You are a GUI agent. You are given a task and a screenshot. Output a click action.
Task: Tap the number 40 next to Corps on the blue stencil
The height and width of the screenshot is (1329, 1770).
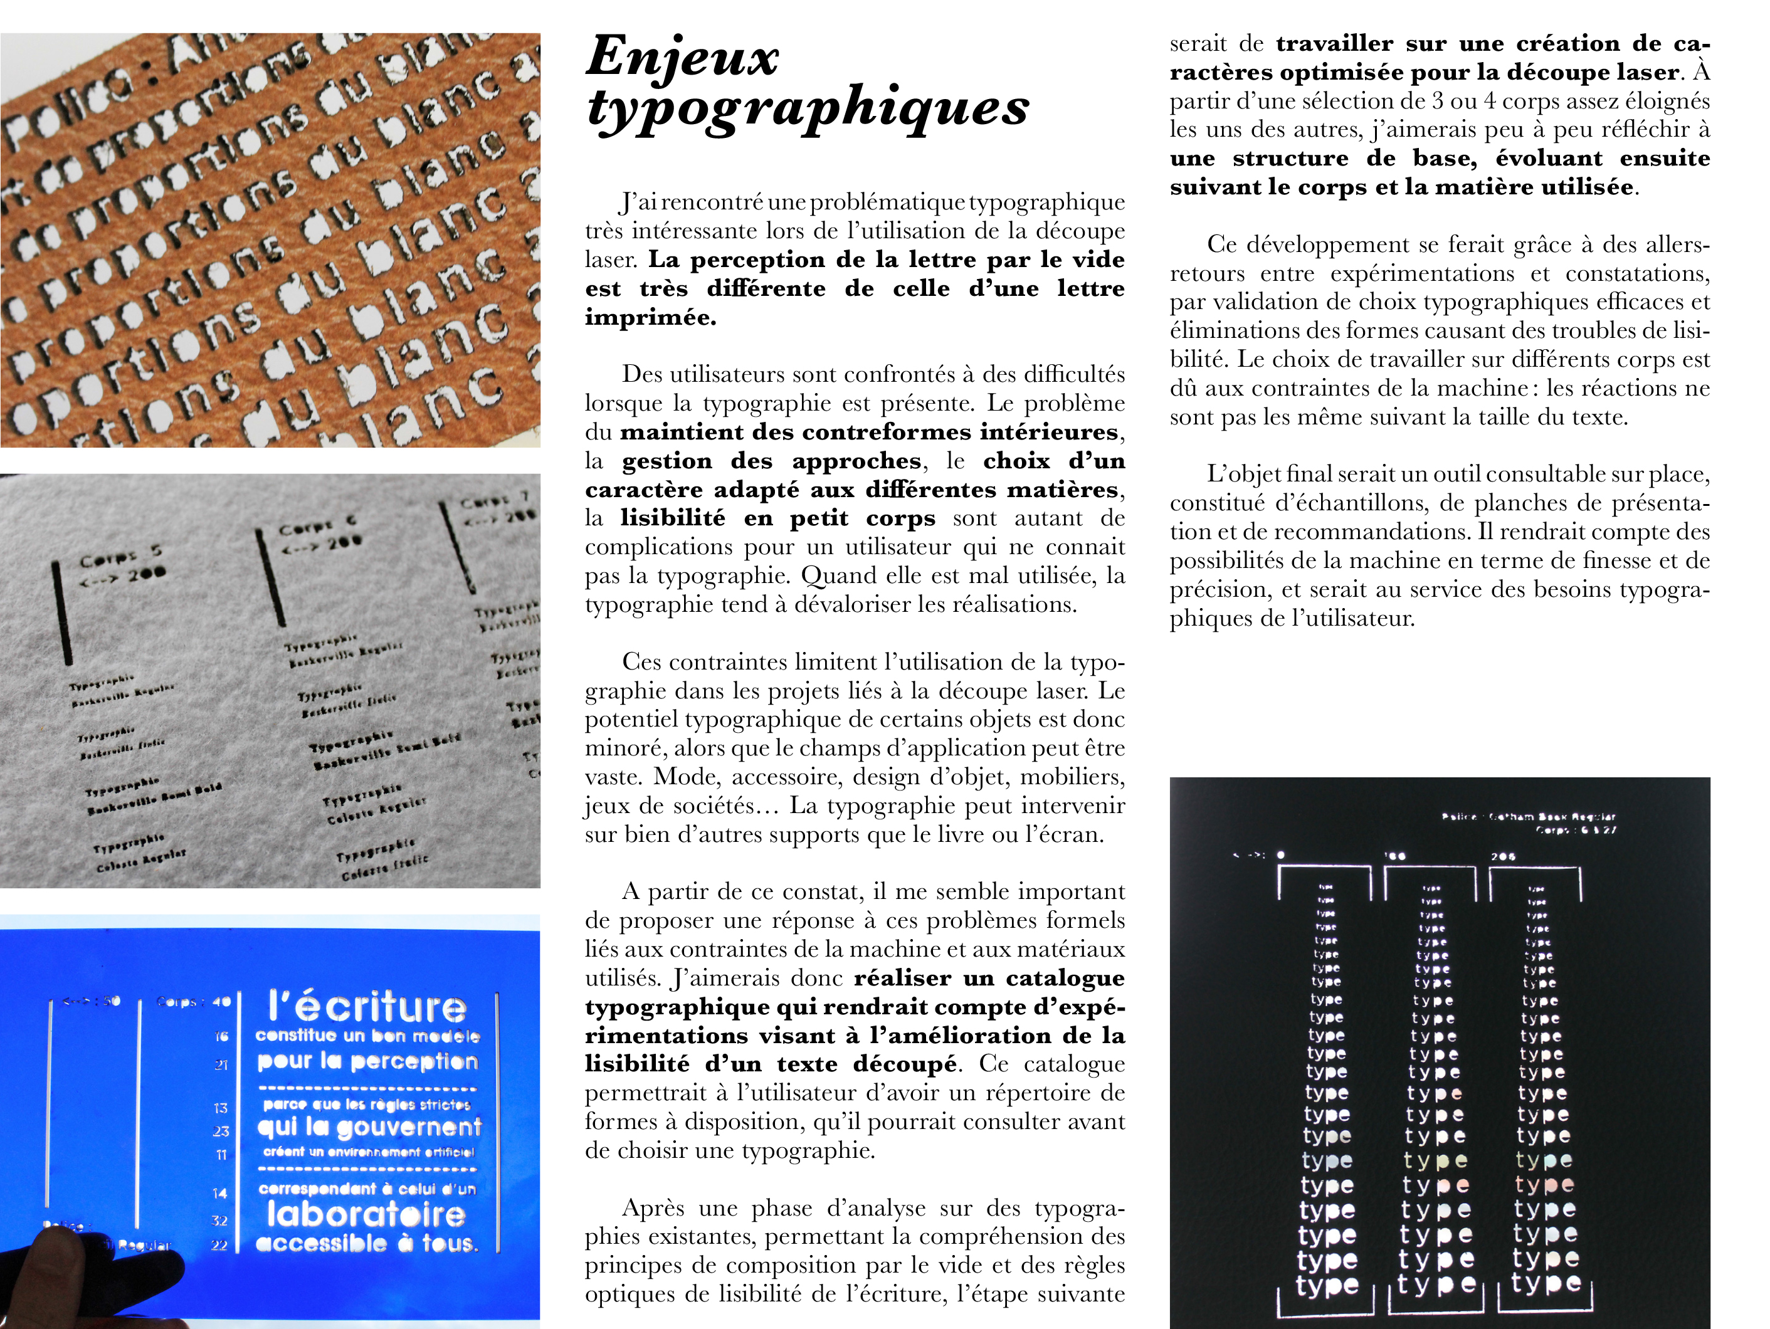(x=222, y=1001)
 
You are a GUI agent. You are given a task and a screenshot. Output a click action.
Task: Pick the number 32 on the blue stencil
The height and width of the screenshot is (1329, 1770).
(x=220, y=1220)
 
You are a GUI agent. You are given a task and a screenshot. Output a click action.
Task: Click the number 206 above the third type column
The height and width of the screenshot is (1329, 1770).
(x=1503, y=857)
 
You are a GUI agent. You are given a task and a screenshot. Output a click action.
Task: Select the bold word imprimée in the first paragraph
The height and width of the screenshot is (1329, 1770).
(x=650, y=318)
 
